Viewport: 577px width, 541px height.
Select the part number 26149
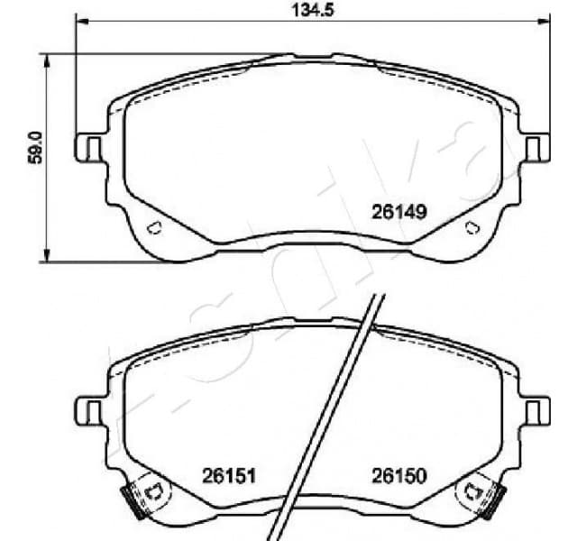pos(398,213)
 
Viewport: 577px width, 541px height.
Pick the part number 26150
pos(398,475)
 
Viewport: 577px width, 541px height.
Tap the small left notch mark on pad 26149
pos(152,227)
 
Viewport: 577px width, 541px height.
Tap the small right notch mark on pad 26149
pos(472,227)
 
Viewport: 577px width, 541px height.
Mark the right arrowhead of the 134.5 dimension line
pos(543,24)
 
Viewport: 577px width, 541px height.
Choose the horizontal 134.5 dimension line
pos(225,24)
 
